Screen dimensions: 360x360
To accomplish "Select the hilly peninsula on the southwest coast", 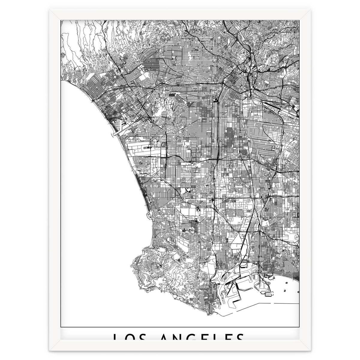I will pyautogui.click(x=162, y=270).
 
